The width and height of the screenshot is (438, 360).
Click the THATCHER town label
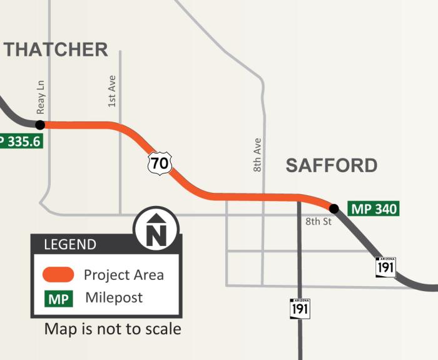(56, 49)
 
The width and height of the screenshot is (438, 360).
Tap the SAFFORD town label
(332, 165)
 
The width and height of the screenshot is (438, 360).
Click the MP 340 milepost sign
(374, 209)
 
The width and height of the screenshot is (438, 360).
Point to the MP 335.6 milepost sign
(21, 141)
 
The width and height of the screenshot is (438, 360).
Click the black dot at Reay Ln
(40, 125)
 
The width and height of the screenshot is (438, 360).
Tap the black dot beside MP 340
(334, 208)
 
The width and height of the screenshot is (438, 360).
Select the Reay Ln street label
(41, 97)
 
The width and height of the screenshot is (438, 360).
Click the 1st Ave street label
(112, 91)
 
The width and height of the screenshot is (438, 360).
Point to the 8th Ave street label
(257, 155)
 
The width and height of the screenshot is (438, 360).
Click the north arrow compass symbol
(156, 229)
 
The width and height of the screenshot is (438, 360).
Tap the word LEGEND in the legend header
(70, 245)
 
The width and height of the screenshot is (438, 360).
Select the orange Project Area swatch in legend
(58, 275)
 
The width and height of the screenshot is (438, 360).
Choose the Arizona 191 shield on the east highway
(385, 267)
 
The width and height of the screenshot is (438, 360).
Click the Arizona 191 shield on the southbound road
(300, 308)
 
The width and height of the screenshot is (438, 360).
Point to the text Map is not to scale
(113, 329)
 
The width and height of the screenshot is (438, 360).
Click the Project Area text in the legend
(124, 275)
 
